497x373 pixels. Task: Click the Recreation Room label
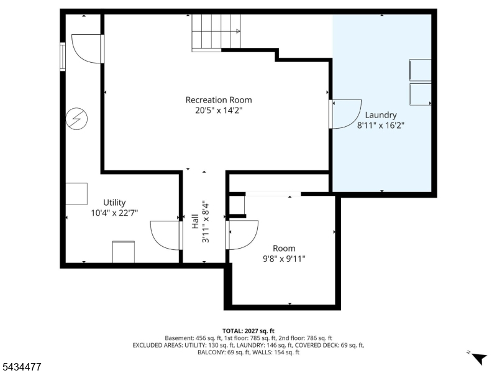[x=219, y=100]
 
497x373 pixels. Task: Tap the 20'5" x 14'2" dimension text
[x=219, y=111]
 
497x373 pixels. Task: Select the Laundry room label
[x=381, y=115]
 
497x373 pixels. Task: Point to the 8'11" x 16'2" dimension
[x=381, y=126]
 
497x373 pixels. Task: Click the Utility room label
[x=114, y=203]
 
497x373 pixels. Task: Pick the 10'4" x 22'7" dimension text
[x=114, y=213]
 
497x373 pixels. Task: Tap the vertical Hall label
[x=195, y=221]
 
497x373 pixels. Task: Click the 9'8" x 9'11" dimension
[x=284, y=259]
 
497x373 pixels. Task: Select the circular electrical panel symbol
[x=76, y=119]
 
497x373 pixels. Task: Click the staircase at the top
[x=216, y=32]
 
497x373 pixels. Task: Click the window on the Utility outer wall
[x=63, y=57]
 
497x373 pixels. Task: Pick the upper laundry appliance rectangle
[x=421, y=70]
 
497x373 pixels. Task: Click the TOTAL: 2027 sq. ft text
[x=248, y=331]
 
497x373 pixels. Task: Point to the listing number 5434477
[x=21, y=367]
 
